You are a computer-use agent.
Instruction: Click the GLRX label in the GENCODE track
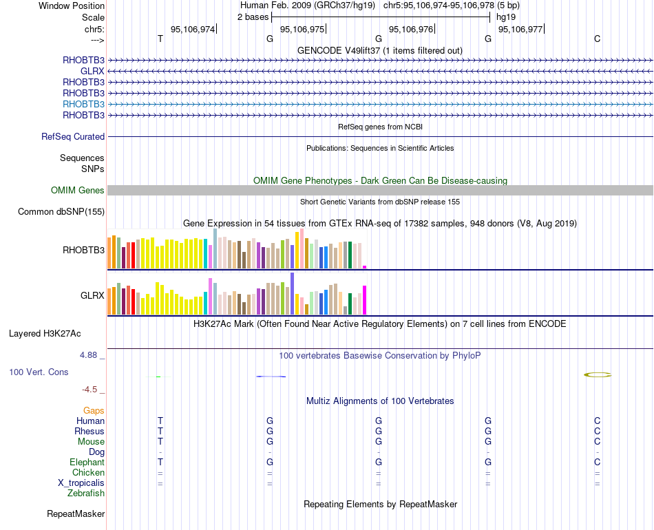coord(92,71)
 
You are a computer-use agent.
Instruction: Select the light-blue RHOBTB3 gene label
coord(83,104)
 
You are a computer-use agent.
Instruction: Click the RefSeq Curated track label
coord(73,137)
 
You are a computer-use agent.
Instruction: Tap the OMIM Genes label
coord(78,191)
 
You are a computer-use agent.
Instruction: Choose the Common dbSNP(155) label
coord(61,212)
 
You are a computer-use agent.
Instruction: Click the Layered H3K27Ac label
coord(45,334)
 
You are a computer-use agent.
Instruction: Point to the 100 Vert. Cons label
coord(39,372)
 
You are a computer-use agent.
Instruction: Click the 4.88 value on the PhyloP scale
coord(89,355)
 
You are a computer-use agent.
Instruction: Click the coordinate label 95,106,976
coord(411,29)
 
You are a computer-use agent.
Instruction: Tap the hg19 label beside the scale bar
coord(506,17)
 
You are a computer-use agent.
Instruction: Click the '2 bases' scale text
coord(253,17)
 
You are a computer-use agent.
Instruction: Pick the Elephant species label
coord(87,463)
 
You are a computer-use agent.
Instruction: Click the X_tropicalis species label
coord(81,483)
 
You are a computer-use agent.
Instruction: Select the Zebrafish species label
coord(86,494)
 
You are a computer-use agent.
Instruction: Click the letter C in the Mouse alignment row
coord(597,441)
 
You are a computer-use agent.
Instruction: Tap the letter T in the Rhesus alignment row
coord(160,431)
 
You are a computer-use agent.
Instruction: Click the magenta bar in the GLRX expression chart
coord(365,299)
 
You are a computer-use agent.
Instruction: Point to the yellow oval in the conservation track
coord(598,375)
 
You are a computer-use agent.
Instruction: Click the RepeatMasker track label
coord(76,514)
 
